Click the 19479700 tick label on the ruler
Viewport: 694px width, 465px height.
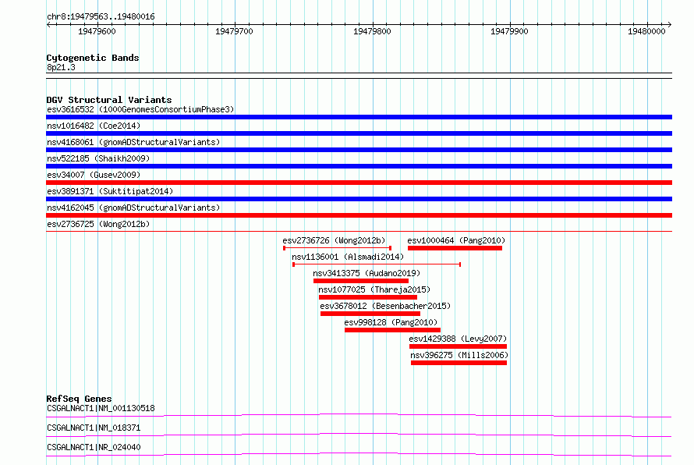tap(234, 31)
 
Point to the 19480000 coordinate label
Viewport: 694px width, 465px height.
tap(646, 31)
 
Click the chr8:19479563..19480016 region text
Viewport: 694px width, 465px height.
tap(101, 17)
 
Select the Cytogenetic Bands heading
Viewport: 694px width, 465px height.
tap(93, 58)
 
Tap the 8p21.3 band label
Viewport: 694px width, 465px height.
tap(61, 67)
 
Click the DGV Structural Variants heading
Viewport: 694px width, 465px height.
tap(109, 100)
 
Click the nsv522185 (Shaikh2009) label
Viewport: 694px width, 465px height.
tap(98, 158)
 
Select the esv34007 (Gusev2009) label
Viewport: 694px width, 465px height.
tap(94, 175)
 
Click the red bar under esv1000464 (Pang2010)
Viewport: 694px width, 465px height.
tap(455, 248)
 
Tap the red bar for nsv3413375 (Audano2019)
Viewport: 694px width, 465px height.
tap(361, 281)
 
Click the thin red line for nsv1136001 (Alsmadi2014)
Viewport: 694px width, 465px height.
tap(377, 264)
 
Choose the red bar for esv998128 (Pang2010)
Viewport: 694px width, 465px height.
tap(392, 330)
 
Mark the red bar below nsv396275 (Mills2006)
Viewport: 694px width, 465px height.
tap(459, 363)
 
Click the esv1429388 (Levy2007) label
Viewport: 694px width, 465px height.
tap(458, 339)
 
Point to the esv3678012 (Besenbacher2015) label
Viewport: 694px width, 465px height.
tap(385, 306)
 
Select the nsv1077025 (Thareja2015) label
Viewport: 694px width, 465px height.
tap(374, 289)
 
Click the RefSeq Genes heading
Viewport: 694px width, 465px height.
tap(79, 399)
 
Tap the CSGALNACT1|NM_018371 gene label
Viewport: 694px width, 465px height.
tap(94, 428)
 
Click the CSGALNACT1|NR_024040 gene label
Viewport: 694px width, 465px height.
tap(94, 447)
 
